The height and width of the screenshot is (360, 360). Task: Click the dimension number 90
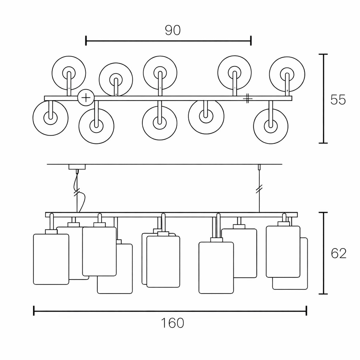coord(173,30)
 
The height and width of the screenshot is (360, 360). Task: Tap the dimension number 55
coord(338,100)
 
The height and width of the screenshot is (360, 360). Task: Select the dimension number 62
coord(339,253)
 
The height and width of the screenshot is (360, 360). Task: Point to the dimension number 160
coord(172,323)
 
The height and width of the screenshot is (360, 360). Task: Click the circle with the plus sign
coord(86,97)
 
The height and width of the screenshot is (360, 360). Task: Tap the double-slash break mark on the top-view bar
coord(247,98)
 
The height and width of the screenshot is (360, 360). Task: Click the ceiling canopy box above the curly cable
coord(77,167)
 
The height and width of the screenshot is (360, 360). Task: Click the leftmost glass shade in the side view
coord(51,259)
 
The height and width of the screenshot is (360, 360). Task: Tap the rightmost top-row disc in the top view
coord(287,73)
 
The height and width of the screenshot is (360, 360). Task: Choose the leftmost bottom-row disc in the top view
coord(50,118)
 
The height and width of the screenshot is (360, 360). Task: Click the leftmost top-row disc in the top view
coord(69,73)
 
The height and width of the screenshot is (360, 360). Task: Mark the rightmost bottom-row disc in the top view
coord(271,125)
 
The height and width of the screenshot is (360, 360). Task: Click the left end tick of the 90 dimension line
coord(86,40)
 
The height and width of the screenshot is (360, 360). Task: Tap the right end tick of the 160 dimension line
coord(306,310)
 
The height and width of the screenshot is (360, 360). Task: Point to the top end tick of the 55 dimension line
coord(323,54)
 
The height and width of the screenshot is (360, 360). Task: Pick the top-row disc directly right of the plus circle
coord(115,79)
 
